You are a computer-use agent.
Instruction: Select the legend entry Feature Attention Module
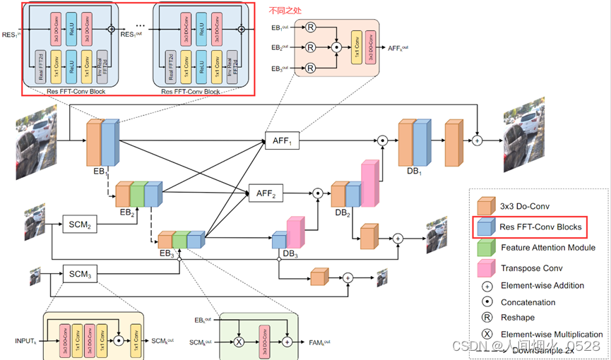click(x=548, y=248)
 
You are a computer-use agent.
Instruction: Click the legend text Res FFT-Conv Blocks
click(x=540, y=226)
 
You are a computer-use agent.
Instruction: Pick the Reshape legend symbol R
click(x=486, y=318)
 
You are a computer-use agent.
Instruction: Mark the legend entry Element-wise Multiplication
click(x=552, y=334)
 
